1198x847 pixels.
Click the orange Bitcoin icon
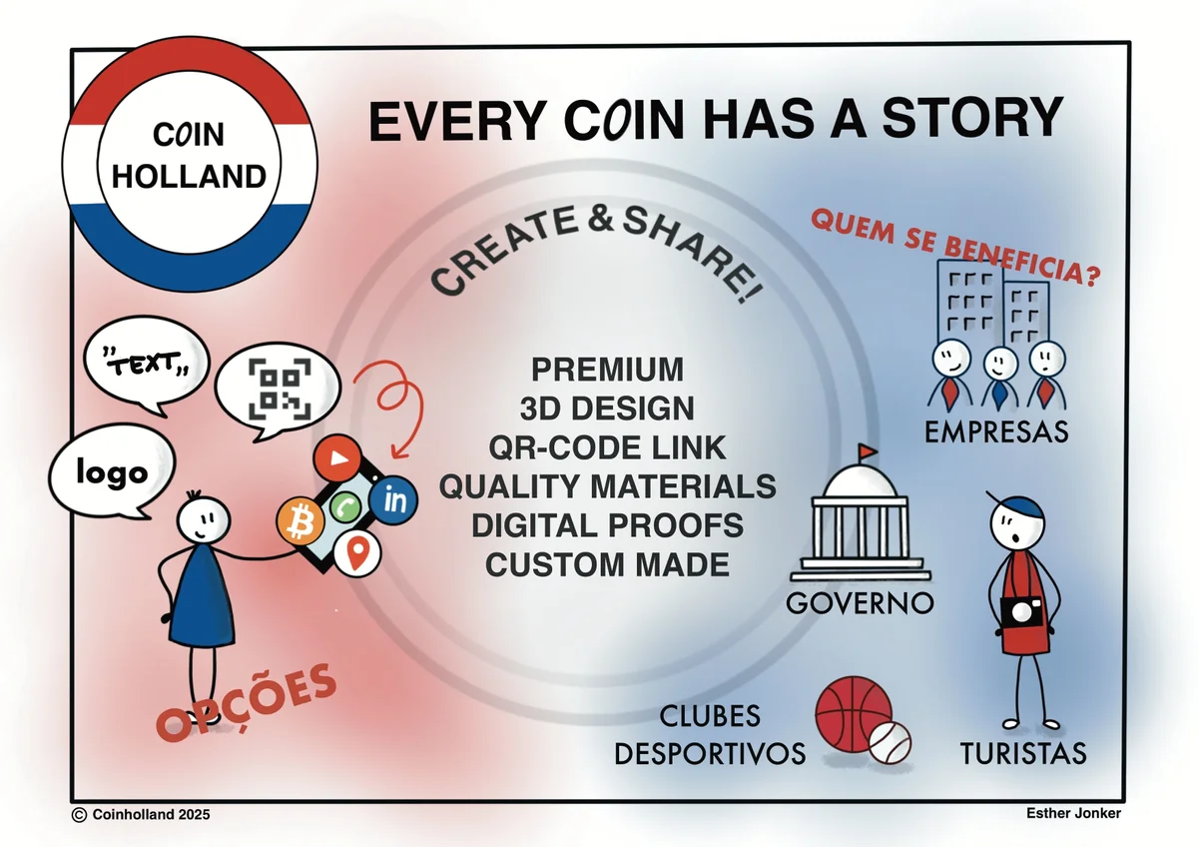[x=300, y=521]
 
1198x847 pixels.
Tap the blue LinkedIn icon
[x=393, y=500]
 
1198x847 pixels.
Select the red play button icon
[x=337, y=458]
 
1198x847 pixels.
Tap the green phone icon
[x=345, y=506]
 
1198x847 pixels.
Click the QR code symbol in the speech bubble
[x=280, y=389]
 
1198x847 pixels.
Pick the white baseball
[x=890, y=743]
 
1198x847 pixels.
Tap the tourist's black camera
[x=1021, y=612]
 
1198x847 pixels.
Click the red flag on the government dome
[x=867, y=452]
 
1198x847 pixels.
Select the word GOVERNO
[x=860, y=603]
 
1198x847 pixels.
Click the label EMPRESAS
[x=996, y=431]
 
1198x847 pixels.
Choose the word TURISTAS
[x=1023, y=754]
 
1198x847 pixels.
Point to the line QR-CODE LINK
[x=608, y=447]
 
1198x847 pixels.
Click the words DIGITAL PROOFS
[x=608, y=525]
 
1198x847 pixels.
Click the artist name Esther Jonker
[x=1073, y=813]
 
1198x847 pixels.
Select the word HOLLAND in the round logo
[x=189, y=176]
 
